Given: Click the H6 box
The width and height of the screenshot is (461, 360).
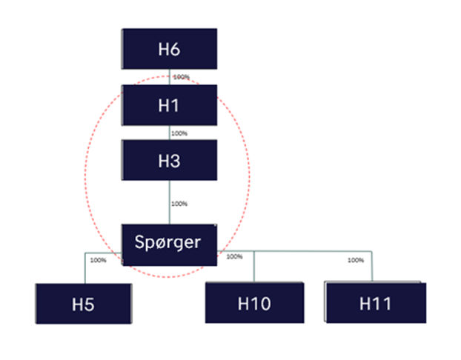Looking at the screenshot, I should pyautogui.click(x=170, y=49).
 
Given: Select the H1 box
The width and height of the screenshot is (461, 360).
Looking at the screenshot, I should pyautogui.click(x=170, y=104).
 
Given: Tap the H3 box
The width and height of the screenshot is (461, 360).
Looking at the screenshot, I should pyautogui.click(x=170, y=160).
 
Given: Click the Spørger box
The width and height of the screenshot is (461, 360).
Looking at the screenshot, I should pyautogui.click(x=170, y=241).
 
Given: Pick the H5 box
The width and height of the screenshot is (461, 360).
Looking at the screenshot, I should pyautogui.click(x=83, y=303).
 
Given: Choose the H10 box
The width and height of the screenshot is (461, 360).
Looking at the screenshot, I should pyautogui.click(x=254, y=303).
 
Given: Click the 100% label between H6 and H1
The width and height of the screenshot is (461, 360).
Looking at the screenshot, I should pyautogui.click(x=182, y=76).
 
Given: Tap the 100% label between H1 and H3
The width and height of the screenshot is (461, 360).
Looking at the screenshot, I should pyautogui.click(x=179, y=134).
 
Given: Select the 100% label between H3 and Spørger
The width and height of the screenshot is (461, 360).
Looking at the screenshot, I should pyautogui.click(x=179, y=203).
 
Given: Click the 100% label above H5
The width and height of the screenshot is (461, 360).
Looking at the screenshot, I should pyautogui.click(x=97, y=260).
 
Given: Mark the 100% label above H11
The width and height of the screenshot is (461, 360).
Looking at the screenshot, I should pyautogui.click(x=356, y=260).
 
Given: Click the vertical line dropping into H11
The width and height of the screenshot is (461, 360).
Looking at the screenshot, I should pyautogui.click(x=371, y=267).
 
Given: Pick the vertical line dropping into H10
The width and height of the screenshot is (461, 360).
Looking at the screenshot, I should pyautogui.click(x=254, y=267).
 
